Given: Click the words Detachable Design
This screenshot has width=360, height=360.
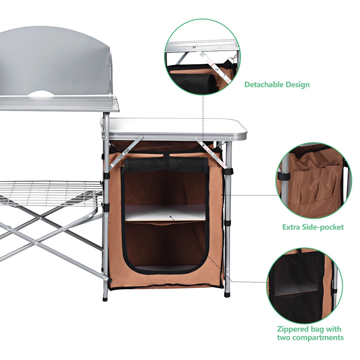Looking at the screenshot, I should click(277, 84).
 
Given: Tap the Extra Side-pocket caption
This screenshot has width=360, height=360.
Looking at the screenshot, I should click(313, 227).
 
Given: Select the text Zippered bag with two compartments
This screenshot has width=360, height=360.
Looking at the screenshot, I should click(310, 333).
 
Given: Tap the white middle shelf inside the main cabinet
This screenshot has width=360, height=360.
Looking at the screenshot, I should click(165, 213).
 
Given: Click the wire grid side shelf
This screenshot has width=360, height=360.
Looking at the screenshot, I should click(48, 192).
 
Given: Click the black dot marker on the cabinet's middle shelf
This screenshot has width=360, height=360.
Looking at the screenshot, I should click(170, 216).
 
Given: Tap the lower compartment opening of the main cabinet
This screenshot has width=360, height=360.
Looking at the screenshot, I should click(165, 244).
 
